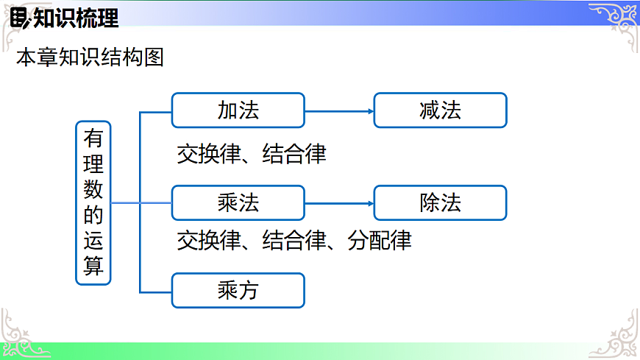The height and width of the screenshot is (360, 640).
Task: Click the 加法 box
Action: [238, 110]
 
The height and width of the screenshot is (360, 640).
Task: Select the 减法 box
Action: [440, 110]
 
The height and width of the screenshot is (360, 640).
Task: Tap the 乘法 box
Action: [238, 203]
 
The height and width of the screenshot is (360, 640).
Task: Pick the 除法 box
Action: [440, 203]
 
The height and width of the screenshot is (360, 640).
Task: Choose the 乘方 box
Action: [238, 291]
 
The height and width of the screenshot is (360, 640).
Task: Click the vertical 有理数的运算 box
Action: [93, 202]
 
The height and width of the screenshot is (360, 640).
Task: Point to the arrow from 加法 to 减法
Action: [339, 111]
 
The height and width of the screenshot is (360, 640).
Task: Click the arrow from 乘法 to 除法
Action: [339, 204]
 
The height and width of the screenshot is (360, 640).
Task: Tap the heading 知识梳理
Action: [76, 18]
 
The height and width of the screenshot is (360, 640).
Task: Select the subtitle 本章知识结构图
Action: [90, 57]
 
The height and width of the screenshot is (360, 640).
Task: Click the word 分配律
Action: [380, 241]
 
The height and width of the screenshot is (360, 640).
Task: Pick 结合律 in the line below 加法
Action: [294, 154]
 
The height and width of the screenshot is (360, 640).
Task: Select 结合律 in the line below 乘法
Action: [294, 241]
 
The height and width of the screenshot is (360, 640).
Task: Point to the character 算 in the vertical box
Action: [93, 266]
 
